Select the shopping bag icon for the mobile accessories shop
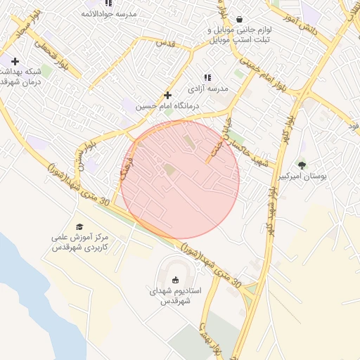point(240,20)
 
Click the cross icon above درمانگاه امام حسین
point(167,95)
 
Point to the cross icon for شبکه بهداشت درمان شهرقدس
point(15,61)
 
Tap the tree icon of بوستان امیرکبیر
point(302,165)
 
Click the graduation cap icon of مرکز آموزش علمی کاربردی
point(79,226)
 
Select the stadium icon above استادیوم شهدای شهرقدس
point(176,280)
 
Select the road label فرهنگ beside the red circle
point(125,167)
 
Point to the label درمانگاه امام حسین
point(167,106)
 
